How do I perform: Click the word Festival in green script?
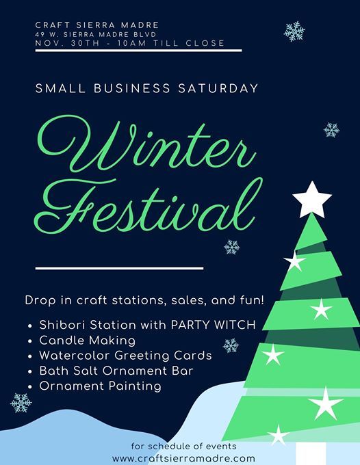(149, 205)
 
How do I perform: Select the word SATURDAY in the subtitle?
(218, 88)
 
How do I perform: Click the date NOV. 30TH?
(67, 43)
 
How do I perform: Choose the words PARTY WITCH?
(213, 325)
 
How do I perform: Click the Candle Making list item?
(87, 341)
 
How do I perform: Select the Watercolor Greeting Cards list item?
(125, 356)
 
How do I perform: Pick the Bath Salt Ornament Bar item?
(116, 371)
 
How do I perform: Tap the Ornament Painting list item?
(101, 386)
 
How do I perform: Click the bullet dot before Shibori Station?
(29, 325)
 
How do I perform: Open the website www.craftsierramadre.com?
(183, 458)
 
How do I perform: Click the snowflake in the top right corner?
(294, 31)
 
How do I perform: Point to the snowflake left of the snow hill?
(21, 403)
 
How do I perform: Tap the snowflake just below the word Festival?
(232, 247)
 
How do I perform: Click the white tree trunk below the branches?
(311, 453)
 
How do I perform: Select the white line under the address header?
(139, 51)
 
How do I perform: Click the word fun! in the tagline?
(252, 300)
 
